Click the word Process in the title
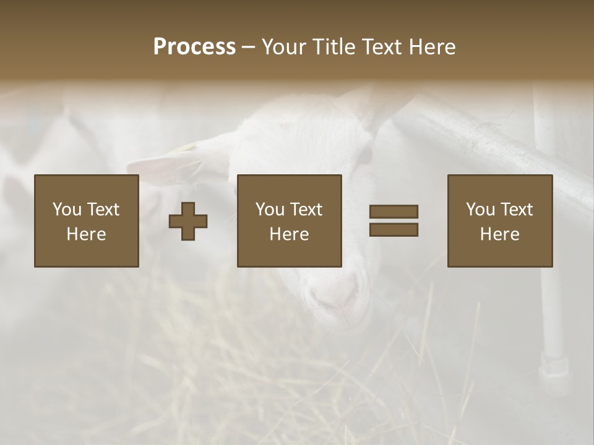194,47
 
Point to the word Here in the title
431,47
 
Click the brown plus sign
188,221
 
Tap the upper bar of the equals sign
394,212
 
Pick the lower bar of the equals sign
394,229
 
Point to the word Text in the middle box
306,210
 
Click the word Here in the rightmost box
499,234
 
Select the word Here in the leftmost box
86,234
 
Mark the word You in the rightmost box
480,210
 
